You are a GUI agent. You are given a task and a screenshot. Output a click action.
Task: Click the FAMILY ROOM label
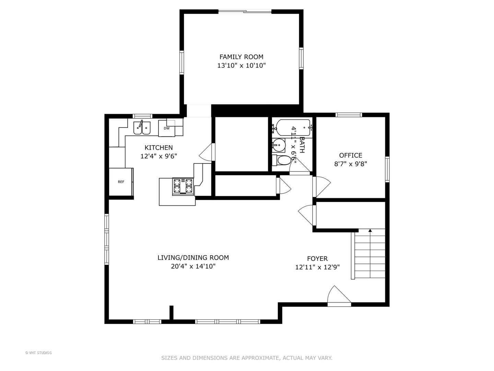pyautogui.click(x=241, y=57)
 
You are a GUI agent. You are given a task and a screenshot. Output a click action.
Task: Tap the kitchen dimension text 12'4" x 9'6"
pyautogui.click(x=158, y=156)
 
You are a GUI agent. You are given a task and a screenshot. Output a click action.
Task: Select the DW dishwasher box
pyautogui.click(x=167, y=128)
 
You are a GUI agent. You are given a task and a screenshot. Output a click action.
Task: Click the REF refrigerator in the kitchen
pyautogui.click(x=121, y=182)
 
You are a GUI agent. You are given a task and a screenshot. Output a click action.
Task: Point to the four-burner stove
pyautogui.click(x=183, y=187)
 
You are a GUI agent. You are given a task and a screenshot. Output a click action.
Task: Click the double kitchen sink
pyautogui.click(x=142, y=128)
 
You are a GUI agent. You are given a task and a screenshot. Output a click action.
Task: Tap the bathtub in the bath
pyautogui.click(x=294, y=127)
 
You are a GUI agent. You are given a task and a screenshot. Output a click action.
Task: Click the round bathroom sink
pyautogui.click(x=279, y=145)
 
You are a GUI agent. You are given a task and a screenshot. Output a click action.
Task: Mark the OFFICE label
pyautogui.click(x=351, y=155)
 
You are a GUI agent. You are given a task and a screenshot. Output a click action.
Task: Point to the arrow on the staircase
pyautogui.click(x=370, y=231)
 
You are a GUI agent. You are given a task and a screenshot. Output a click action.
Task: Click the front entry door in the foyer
pyautogui.click(x=339, y=295)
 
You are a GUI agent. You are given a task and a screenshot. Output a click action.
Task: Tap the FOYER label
pyautogui.click(x=317, y=259)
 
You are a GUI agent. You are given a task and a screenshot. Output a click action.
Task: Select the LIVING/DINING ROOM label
pyautogui.click(x=193, y=258)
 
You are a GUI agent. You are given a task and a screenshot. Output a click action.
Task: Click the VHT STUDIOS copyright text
pyautogui.click(x=38, y=353)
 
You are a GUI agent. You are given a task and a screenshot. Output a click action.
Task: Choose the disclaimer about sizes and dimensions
pyautogui.click(x=247, y=358)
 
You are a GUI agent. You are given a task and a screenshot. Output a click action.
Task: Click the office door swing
pyautogui.click(x=321, y=187)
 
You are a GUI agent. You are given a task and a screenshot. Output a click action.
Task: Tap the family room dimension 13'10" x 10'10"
pyautogui.click(x=241, y=66)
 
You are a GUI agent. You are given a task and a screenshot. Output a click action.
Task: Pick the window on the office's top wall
pyautogui.click(x=349, y=115)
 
